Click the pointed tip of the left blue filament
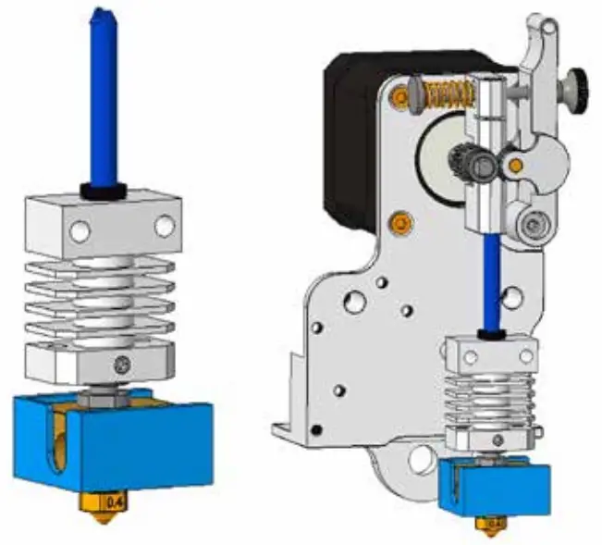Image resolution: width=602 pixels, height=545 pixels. point(96,12)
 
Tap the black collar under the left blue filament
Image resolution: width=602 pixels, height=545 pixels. point(102,191)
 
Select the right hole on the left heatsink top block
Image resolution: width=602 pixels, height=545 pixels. point(164,224)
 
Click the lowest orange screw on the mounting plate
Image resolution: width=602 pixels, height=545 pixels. point(400,223)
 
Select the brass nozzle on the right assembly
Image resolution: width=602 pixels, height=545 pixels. point(488,524)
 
